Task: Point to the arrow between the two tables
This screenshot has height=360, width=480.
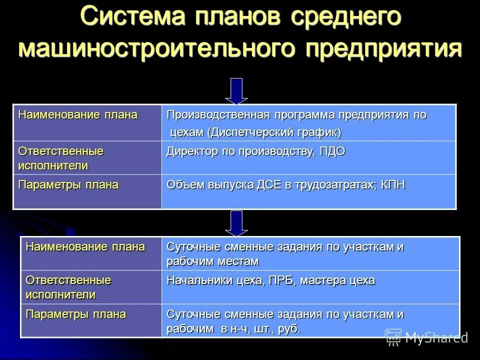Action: (x=236, y=222)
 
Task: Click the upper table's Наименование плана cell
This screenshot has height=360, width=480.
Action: (x=78, y=115)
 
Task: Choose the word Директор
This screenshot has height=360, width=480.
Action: (x=190, y=151)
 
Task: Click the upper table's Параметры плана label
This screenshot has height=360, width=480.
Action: (x=68, y=185)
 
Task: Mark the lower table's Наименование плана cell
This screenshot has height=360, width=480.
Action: (x=85, y=246)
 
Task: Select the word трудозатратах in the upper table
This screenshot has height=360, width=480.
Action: (x=327, y=185)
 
